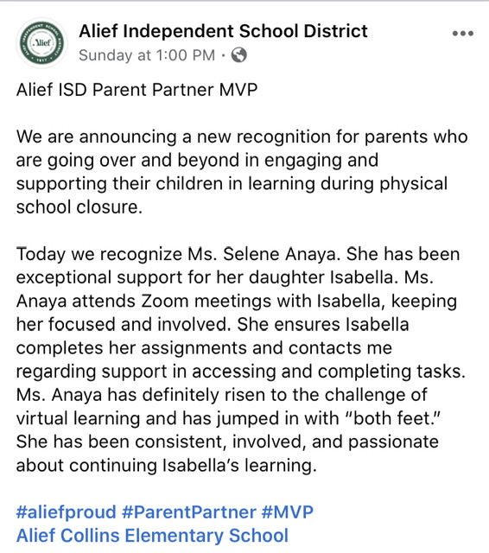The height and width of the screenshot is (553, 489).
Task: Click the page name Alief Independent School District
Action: click(x=223, y=31)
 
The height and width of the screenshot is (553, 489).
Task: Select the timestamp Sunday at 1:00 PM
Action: click(x=146, y=55)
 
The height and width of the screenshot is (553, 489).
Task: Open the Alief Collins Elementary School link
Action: click(x=152, y=535)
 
